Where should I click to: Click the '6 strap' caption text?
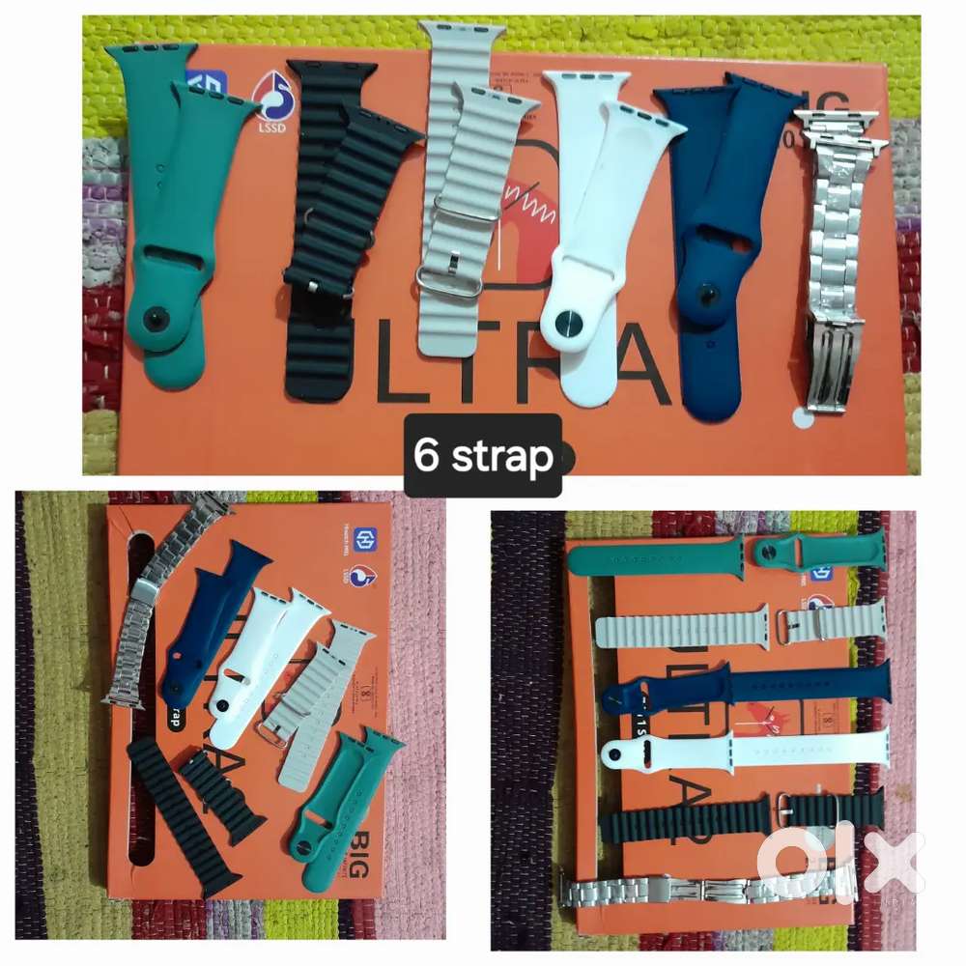coord(483,455)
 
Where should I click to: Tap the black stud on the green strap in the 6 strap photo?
coord(155,321)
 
